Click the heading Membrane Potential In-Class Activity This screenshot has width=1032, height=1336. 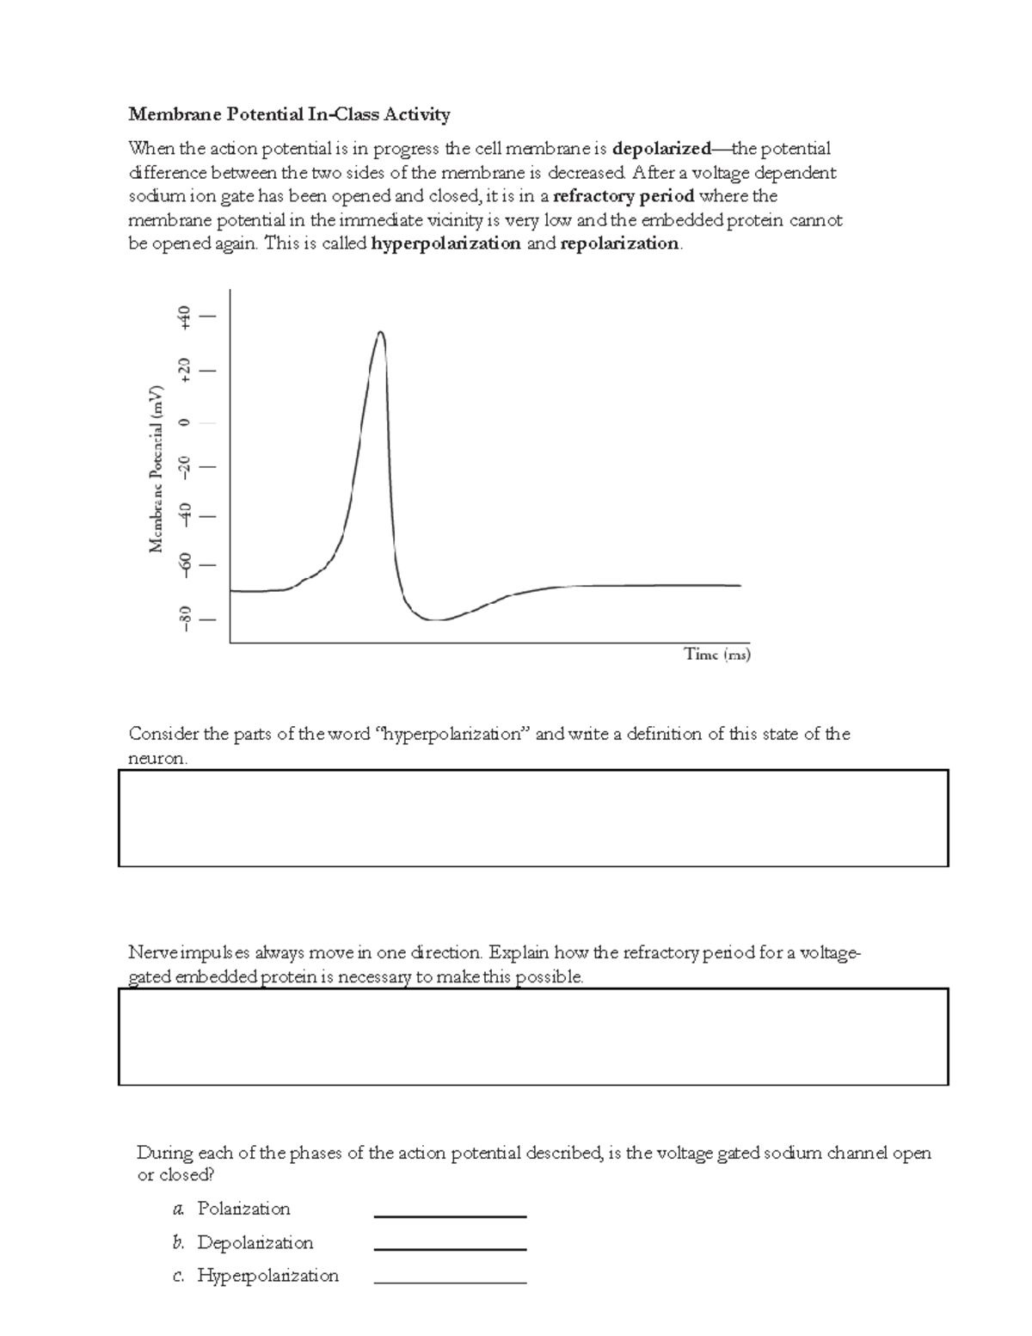(289, 114)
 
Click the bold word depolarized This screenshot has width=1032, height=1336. (661, 149)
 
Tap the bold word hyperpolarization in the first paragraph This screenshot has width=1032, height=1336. (445, 243)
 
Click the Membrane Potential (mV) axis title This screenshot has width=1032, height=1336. (157, 469)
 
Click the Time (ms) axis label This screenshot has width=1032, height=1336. (717, 655)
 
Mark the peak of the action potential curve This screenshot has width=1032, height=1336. (380, 332)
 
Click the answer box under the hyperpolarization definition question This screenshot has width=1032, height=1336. (533, 818)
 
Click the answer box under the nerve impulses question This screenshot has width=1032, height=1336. (533, 1037)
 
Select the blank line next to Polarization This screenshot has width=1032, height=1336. (450, 1215)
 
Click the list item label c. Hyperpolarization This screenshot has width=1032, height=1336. (256, 1276)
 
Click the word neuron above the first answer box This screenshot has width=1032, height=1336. (156, 759)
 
